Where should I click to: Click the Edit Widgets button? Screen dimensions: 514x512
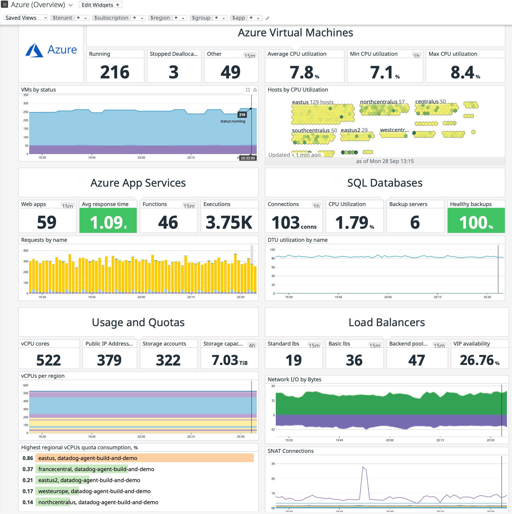[x=100, y=5]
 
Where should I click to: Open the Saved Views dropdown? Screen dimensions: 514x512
[x=26, y=18]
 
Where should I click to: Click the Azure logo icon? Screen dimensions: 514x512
[x=34, y=50]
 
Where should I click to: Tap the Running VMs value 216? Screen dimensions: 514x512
[x=115, y=72]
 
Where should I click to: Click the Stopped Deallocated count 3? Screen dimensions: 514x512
[x=174, y=72]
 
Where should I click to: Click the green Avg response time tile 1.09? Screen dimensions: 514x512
[x=108, y=222]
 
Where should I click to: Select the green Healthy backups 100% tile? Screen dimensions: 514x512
[x=476, y=222]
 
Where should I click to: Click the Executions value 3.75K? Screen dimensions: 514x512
[x=229, y=222]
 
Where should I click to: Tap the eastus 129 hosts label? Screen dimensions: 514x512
[x=312, y=102]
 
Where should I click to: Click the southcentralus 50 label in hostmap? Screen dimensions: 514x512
[x=314, y=130]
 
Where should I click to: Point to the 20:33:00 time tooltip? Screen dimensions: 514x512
[x=248, y=158]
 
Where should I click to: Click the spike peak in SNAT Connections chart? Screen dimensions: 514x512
[x=363, y=467]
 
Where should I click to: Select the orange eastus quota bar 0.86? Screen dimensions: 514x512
[x=144, y=458]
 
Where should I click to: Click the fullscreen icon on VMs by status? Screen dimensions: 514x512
[x=248, y=90]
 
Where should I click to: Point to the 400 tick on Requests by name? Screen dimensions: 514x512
[x=26, y=250]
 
